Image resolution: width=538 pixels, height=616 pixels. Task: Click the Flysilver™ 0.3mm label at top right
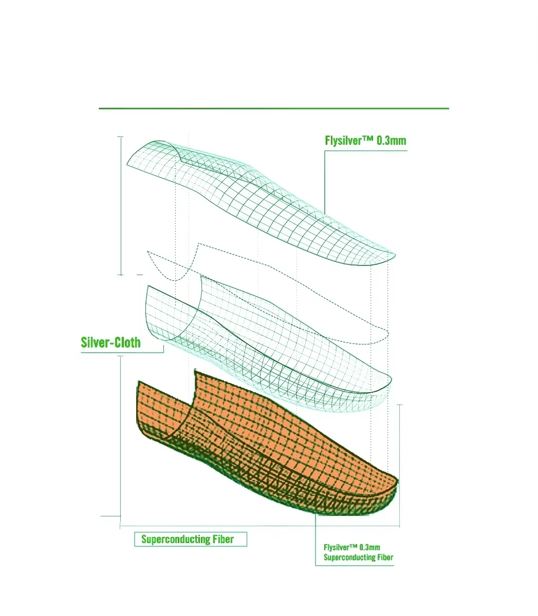(x=365, y=140)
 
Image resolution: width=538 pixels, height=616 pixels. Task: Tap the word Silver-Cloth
(x=110, y=342)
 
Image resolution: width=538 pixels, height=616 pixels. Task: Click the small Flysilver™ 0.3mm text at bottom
(x=351, y=547)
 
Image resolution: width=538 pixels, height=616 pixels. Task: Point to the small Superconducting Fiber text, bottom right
(x=358, y=557)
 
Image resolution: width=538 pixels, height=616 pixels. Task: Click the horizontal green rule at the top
(x=273, y=108)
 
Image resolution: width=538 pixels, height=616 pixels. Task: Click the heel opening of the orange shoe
(x=164, y=411)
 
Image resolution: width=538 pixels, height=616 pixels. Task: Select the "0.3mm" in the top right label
(x=392, y=140)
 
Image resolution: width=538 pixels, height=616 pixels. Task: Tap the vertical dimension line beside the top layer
(x=121, y=205)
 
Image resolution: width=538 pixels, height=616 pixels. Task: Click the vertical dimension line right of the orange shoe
(x=400, y=465)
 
